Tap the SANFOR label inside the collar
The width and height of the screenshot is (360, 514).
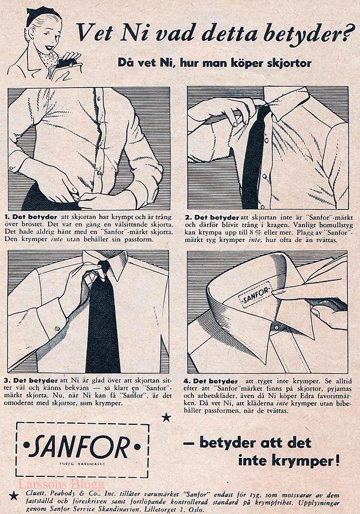coord(255,295)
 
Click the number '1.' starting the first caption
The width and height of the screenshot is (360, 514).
coord(8,217)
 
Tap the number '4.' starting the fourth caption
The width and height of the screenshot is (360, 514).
coord(187,381)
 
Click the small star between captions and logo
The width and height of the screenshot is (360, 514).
coord(167,417)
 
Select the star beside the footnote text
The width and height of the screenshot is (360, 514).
coord(13,496)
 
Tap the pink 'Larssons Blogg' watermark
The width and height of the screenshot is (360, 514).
coord(61,484)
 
